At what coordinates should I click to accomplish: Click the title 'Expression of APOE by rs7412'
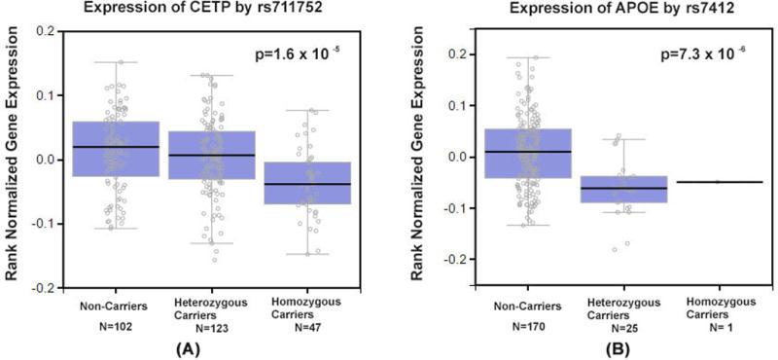pyautogui.click(x=586, y=9)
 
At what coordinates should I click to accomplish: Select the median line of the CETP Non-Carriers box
pyautogui.click(x=116, y=147)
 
